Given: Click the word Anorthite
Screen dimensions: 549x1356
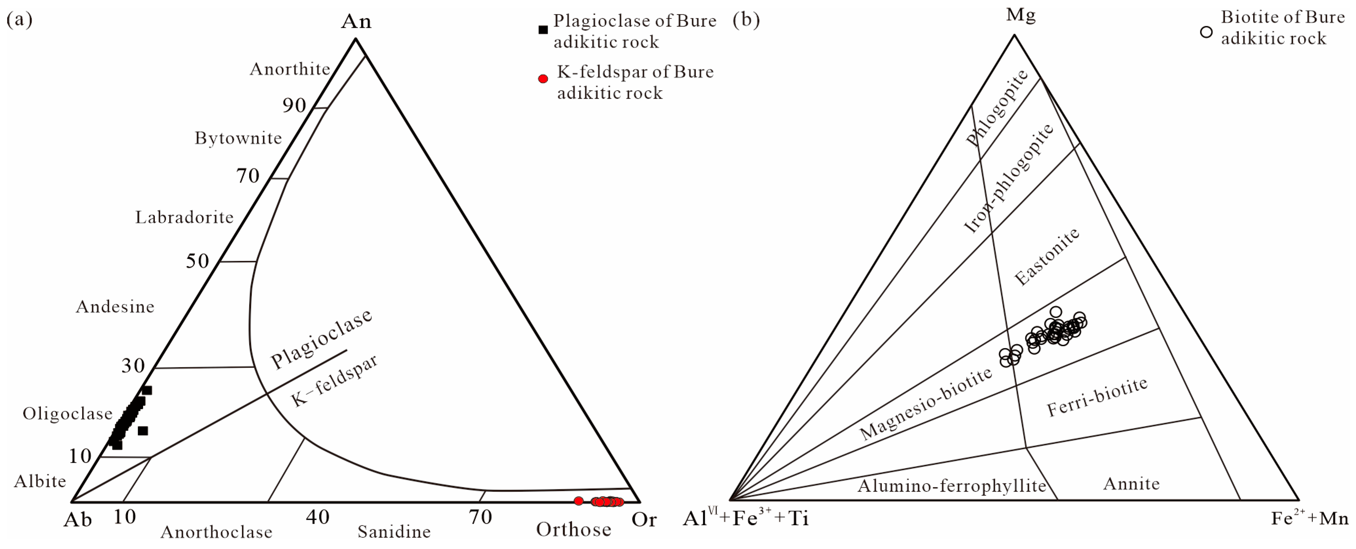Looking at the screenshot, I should click(289, 69).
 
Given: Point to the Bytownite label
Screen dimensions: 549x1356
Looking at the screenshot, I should click(238, 138).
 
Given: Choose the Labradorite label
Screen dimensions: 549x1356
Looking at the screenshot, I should click(184, 217).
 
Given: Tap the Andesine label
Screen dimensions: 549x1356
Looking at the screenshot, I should click(115, 307).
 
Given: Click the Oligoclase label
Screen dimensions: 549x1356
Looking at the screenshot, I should click(68, 414).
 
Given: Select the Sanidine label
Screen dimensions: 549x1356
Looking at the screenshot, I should click(394, 532).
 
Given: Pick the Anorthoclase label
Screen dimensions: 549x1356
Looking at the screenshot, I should click(216, 532).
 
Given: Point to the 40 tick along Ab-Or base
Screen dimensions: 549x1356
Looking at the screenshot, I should click(318, 518).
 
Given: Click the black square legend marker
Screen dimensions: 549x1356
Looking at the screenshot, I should click(543, 30).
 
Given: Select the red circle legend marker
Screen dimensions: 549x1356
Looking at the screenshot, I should click(543, 79).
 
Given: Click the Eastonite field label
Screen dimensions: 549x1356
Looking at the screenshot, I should click(1047, 257).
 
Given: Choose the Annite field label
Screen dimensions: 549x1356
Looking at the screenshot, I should click(1131, 484).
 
